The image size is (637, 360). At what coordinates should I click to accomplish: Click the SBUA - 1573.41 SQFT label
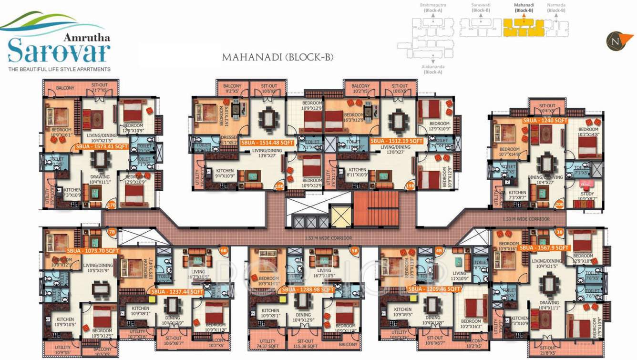102,147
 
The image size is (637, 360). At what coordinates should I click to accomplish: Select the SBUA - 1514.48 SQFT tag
267,143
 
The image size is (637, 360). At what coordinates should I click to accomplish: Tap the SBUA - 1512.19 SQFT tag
397,141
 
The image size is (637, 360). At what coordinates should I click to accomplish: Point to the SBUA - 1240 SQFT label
545,121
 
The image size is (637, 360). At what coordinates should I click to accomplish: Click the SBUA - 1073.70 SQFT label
92,250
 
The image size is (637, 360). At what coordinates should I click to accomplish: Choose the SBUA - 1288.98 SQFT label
308,289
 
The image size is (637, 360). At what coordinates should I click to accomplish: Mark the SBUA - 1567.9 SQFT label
544,248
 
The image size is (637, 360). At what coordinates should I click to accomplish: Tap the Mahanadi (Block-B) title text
277,58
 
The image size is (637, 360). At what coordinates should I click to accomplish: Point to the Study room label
587,194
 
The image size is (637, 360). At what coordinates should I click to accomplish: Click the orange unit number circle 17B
112,206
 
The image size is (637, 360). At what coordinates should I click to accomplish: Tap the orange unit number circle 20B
559,205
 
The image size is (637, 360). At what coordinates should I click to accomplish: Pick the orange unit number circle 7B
112,233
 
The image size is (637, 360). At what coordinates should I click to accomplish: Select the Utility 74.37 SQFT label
268,344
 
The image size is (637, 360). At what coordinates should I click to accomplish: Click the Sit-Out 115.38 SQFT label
305,344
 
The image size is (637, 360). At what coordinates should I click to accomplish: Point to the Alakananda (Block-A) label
433,70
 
